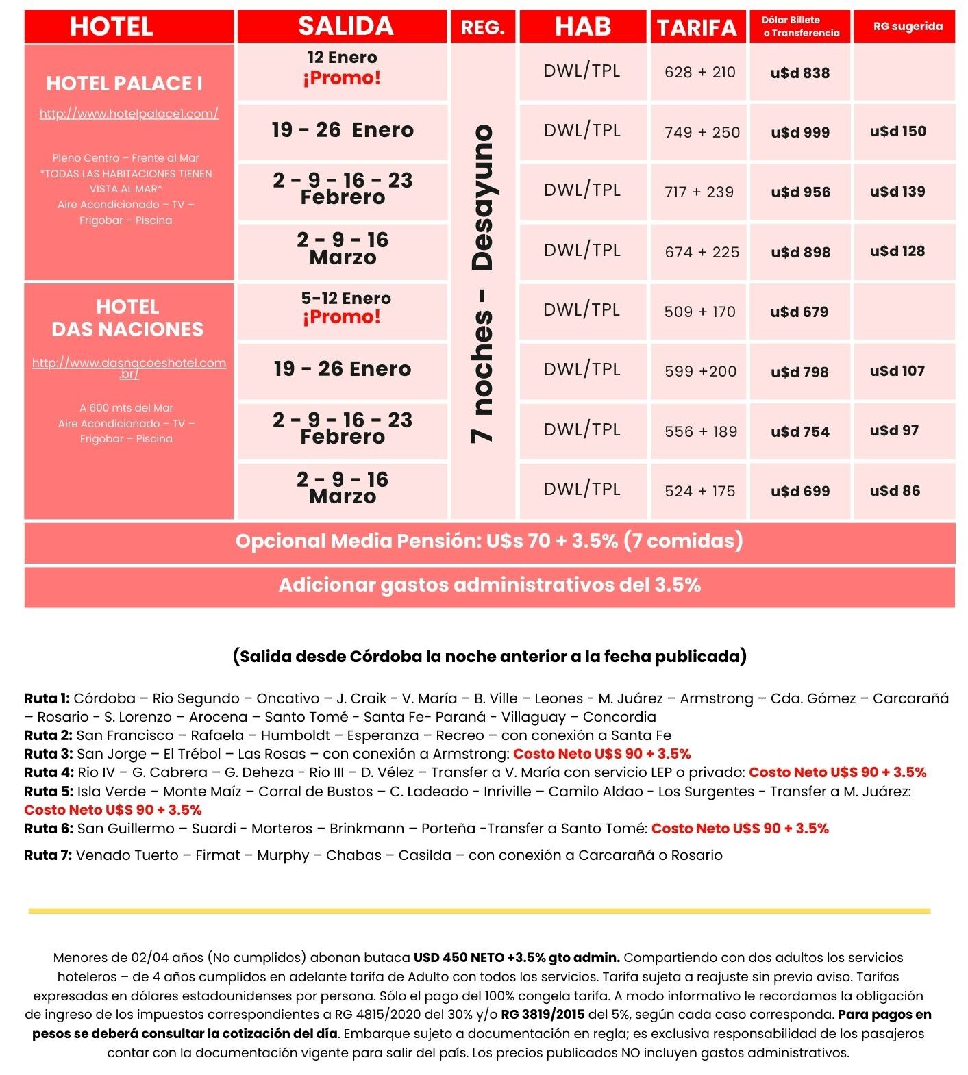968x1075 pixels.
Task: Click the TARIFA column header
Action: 697,27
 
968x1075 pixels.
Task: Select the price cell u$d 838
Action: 799,73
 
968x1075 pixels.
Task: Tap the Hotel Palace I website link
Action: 129,114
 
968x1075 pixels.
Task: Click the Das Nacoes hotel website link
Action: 129,368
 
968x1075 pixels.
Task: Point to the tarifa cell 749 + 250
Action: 702,132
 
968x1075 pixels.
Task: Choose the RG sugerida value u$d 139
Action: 897,192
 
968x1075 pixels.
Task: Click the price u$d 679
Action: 799,312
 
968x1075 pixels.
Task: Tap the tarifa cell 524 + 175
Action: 699,491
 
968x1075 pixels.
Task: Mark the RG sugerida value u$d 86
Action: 895,491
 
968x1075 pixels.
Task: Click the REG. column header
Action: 483,27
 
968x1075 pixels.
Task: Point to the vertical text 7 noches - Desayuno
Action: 483,282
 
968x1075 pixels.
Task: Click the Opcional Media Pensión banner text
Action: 489,541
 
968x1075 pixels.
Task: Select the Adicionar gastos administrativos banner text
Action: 489,585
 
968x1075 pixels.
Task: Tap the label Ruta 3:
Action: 48,754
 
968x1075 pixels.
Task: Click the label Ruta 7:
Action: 48,855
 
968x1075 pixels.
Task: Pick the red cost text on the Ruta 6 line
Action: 740,829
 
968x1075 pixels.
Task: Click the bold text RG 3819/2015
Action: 543,1015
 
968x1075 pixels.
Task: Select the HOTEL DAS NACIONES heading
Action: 127,318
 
